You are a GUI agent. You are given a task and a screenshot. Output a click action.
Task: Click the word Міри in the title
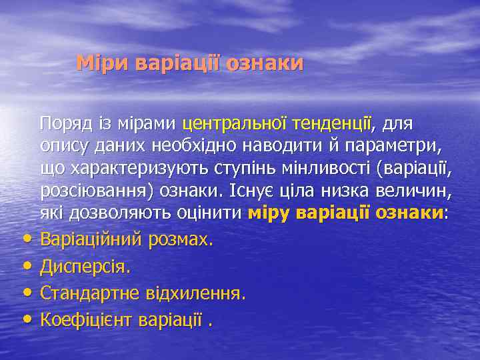tap(103, 63)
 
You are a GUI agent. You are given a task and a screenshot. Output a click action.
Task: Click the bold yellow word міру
tap(270, 213)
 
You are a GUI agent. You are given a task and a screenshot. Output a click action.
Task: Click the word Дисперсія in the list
tap(85, 267)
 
